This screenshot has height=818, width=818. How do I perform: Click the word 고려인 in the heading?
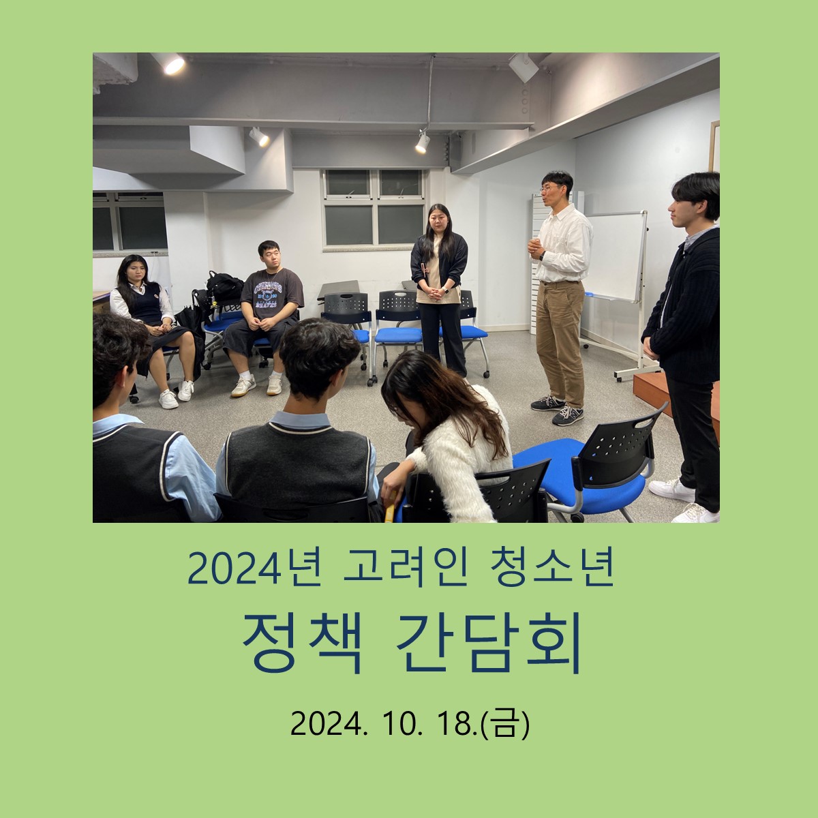pos(406,569)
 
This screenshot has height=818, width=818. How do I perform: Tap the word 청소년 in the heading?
pos(551,569)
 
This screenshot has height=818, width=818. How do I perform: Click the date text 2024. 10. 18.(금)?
pos(410,724)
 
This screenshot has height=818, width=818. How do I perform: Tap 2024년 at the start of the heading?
pos(254,569)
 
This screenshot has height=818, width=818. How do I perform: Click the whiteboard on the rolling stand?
pos(615,256)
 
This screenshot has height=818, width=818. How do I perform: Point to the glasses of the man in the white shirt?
pos(550,188)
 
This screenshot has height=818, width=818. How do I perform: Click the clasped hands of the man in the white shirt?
pos(535,248)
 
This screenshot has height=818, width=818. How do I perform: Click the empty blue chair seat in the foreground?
pos(579,476)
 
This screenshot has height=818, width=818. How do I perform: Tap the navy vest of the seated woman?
pos(145,303)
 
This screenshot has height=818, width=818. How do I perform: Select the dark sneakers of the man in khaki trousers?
pos(558,408)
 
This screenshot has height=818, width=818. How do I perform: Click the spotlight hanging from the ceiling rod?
pos(423,142)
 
